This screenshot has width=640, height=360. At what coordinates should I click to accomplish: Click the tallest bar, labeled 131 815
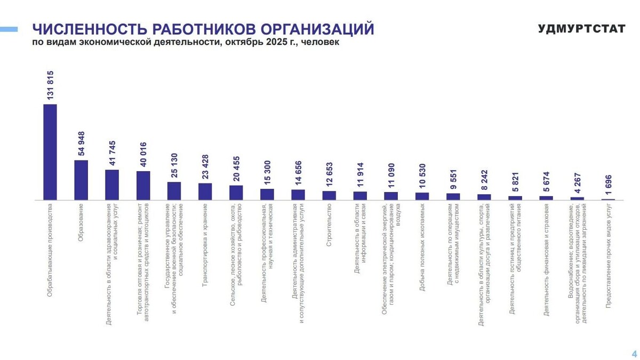(x=50, y=152)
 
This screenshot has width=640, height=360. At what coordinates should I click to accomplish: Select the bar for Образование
(x=81, y=180)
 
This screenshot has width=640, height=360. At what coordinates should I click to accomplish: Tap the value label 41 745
(x=112, y=154)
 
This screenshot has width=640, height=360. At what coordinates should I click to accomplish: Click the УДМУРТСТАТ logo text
(x=581, y=29)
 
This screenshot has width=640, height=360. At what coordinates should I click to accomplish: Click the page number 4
(x=634, y=354)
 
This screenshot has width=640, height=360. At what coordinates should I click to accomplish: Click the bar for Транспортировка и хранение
(x=205, y=191)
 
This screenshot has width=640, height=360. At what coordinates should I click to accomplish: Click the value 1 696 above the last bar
(x=608, y=185)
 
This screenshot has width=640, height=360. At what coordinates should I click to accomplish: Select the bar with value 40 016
(x=143, y=186)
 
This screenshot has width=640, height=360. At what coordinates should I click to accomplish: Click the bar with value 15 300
(x=267, y=195)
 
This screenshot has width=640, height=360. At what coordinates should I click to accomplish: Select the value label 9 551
(x=453, y=179)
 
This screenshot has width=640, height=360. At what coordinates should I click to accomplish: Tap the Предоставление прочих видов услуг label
(x=609, y=255)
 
